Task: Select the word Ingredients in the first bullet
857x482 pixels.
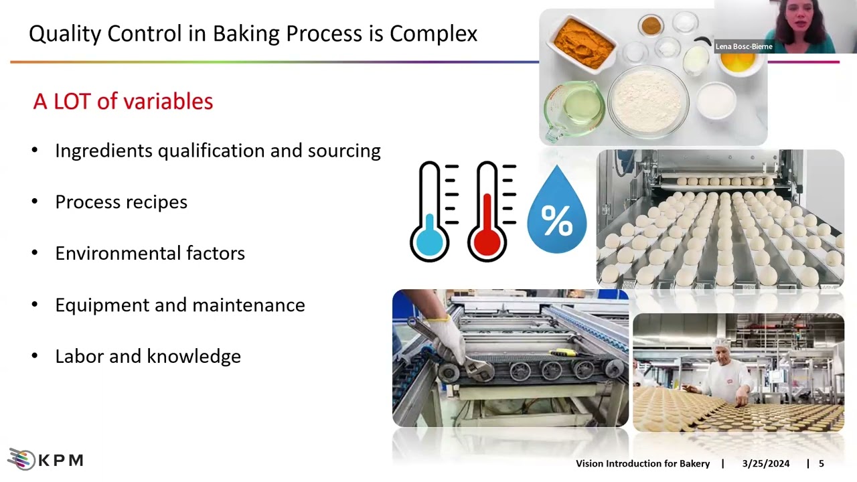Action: tap(104, 151)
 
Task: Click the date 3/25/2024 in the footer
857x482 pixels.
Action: tap(765, 463)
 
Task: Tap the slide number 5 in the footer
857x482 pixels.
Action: tap(822, 463)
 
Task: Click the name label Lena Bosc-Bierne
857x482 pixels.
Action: tap(744, 47)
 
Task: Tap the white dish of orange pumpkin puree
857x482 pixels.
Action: tap(581, 44)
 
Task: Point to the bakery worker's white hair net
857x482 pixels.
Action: tap(720, 343)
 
